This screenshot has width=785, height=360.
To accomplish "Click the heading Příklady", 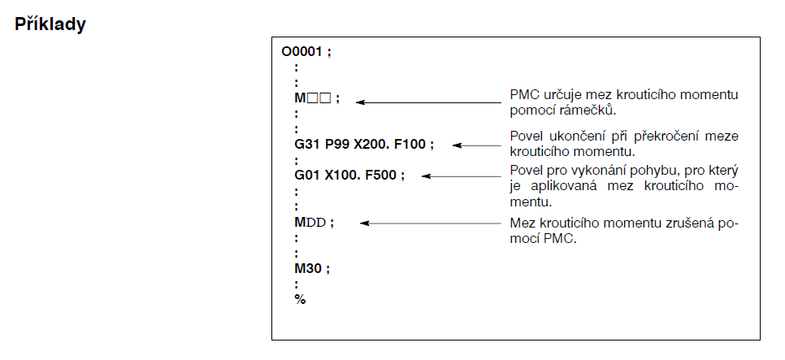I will (x=50, y=24).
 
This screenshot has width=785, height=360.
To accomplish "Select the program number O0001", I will (x=302, y=51).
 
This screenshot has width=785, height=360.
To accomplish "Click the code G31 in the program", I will (x=307, y=145).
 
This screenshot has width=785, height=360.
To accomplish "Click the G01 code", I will (x=307, y=175).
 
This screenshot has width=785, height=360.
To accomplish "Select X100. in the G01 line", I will (x=341, y=175).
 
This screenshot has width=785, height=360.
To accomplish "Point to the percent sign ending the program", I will (x=300, y=299).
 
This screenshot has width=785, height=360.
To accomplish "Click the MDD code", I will (x=310, y=222).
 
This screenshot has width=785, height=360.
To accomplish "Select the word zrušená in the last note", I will (x=696, y=223).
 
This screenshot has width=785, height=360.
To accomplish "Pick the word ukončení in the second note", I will (x=570, y=136).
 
